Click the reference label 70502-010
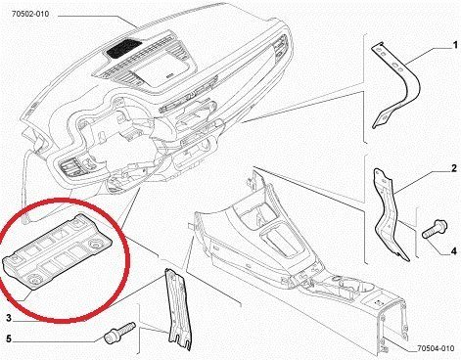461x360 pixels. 30,14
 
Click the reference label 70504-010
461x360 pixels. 436,348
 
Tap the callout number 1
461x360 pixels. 455,45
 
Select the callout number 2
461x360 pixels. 454,168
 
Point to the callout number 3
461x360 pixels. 9,318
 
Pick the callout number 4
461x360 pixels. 454,251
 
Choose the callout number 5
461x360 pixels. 9,339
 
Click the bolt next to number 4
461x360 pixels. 435,229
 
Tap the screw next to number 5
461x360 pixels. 119,333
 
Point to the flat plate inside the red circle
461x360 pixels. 57,251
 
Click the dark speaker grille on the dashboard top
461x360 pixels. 124,48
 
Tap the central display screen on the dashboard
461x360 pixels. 162,68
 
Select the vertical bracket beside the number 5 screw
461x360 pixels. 178,310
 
